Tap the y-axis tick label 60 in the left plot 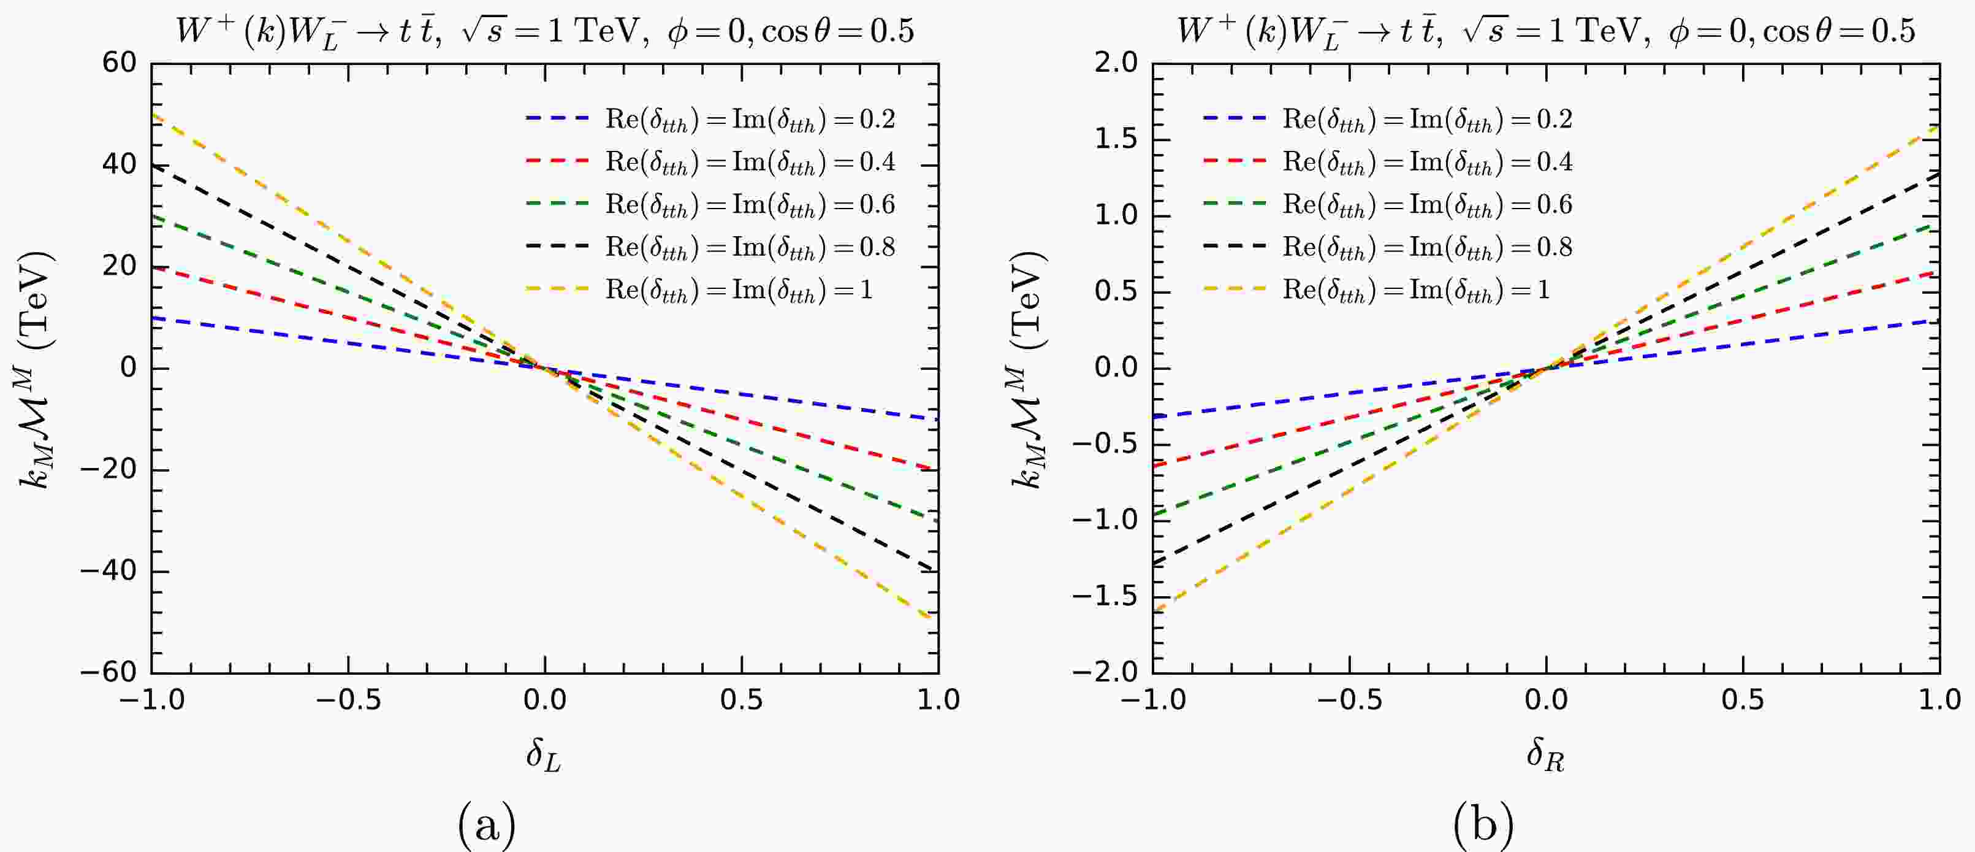coord(120,63)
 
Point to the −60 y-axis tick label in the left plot coord(109,672)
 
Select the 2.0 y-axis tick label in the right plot coord(1116,63)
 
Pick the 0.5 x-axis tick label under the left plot coord(742,700)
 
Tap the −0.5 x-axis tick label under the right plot coord(1349,700)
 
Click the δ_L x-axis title coord(544,755)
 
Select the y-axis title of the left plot coord(37,368)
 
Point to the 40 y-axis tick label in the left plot coord(120,165)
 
